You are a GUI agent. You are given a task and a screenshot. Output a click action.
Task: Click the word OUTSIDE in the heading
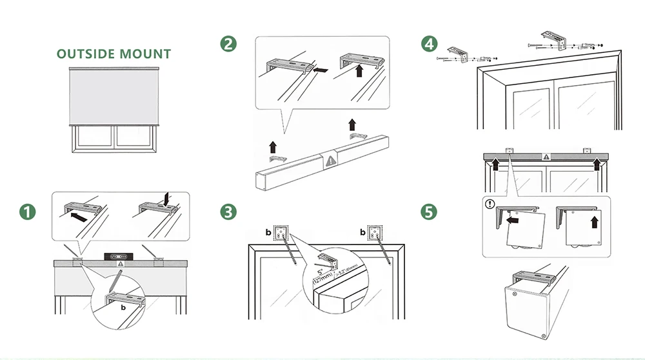tap(85, 54)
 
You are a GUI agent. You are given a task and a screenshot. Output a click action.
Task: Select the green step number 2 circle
tap(228, 44)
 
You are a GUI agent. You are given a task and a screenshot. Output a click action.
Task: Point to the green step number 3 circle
tap(228, 212)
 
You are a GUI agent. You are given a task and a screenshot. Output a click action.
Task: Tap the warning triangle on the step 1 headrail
tap(119, 264)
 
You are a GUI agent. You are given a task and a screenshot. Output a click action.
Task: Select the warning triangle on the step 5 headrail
tap(546, 156)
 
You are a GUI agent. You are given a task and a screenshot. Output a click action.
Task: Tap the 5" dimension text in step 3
tap(320, 273)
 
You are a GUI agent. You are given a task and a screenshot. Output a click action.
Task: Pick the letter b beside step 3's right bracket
tap(362, 230)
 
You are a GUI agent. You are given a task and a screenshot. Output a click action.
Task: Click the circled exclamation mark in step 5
tap(491, 205)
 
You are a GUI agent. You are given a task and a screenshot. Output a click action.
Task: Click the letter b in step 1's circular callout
tap(123, 308)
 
